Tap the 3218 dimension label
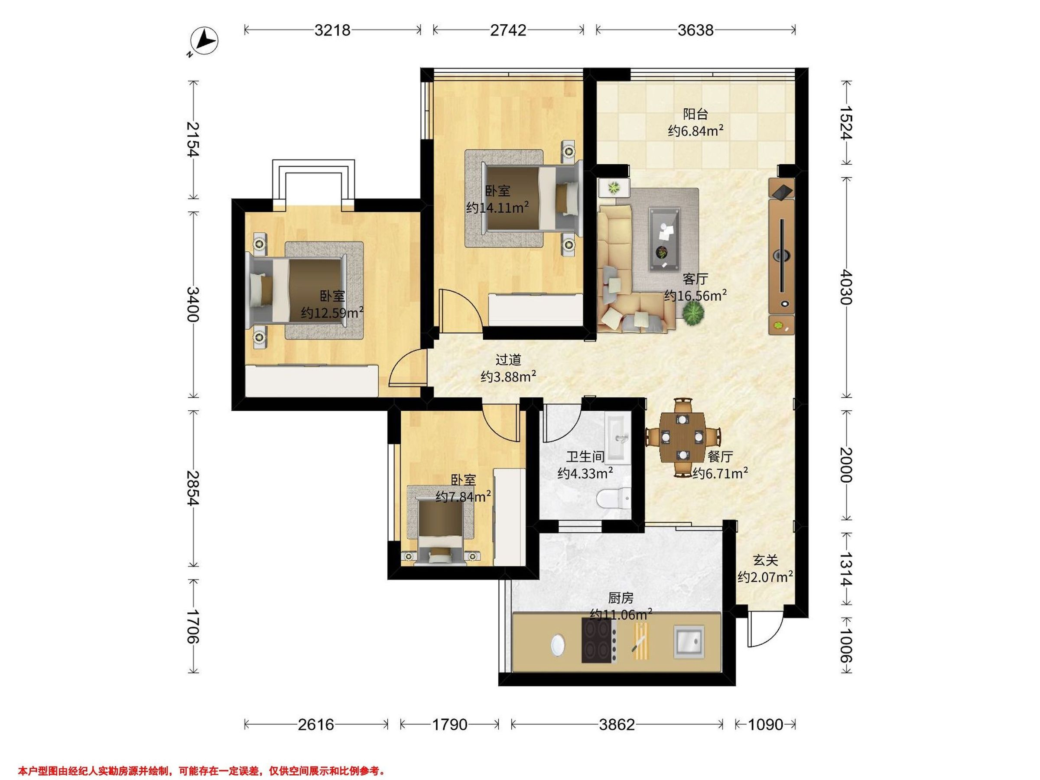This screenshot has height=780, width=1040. click(x=332, y=30)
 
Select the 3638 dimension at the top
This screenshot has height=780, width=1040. click(x=695, y=30)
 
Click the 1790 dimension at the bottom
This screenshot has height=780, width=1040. click(x=449, y=725)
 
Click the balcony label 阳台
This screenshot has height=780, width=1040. click(x=695, y=114)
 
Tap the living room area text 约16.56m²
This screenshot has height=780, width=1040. click(x=695, y=295)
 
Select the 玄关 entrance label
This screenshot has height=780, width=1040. click(x=765, y=560)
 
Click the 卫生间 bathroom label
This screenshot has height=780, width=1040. click(x=585, y=457)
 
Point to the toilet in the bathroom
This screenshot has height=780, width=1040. click(x=614, y=498)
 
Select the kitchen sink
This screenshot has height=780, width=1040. click(x=689, y=641)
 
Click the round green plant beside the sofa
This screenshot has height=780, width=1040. click(x=693, y=313)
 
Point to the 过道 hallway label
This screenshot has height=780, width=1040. click(x=508, y=360)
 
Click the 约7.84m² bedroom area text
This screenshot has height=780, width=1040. click(x=464, y=497)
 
